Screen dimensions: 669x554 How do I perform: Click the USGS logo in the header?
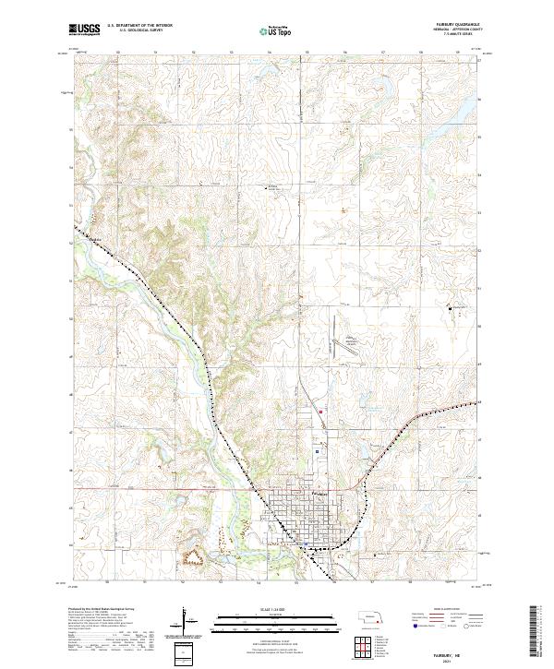[x=84, y=30]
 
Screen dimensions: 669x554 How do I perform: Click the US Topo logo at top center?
[x=276, y=31]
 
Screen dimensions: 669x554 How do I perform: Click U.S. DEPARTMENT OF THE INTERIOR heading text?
[x=139, y=27]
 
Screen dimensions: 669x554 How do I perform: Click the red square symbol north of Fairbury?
[x=320, y=412]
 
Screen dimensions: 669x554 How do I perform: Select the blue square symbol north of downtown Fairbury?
[x=318, y=451]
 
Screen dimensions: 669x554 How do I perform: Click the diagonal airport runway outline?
[x=350, y=347]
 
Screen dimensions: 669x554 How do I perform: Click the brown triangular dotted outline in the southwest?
[x=193, y=556]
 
